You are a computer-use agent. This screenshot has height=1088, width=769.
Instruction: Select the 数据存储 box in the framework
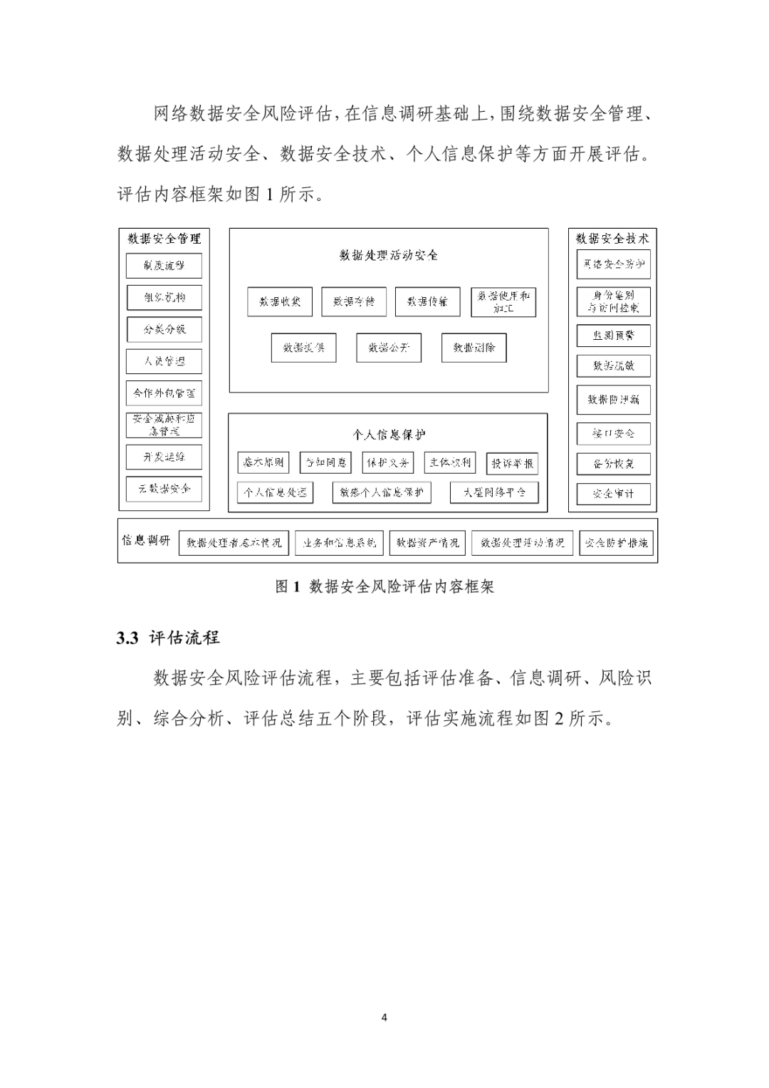click(353, 301)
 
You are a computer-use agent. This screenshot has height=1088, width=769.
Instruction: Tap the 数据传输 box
click(427, 301)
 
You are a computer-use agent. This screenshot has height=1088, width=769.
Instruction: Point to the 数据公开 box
click(389, 348)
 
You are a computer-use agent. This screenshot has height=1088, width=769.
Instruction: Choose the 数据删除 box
click(474, 348)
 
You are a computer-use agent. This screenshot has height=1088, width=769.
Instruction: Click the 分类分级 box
click(164, 329)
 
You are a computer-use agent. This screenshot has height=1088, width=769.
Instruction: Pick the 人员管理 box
click(164, 361)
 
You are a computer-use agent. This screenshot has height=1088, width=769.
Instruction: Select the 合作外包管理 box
click(164, 393)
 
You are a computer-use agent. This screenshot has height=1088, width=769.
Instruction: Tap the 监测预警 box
click(613, 335)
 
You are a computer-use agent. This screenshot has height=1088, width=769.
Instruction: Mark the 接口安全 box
click(613, 433)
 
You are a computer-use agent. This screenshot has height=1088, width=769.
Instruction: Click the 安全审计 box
click(613, 493)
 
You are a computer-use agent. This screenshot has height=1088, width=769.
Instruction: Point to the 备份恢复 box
click(613, 464)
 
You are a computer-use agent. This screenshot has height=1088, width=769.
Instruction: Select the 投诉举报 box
click(512, 463)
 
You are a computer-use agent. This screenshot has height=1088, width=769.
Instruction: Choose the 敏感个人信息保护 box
click(382, 492)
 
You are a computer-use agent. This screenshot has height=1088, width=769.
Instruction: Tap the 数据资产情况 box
click(428, 542)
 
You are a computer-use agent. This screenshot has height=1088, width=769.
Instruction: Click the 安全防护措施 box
click(616, 542)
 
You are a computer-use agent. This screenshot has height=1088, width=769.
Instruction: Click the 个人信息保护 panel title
click(389, 434)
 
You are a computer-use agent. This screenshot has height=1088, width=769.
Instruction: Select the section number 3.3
click(127, 638)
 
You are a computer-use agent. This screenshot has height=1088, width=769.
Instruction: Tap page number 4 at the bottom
click(384, 1017)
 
